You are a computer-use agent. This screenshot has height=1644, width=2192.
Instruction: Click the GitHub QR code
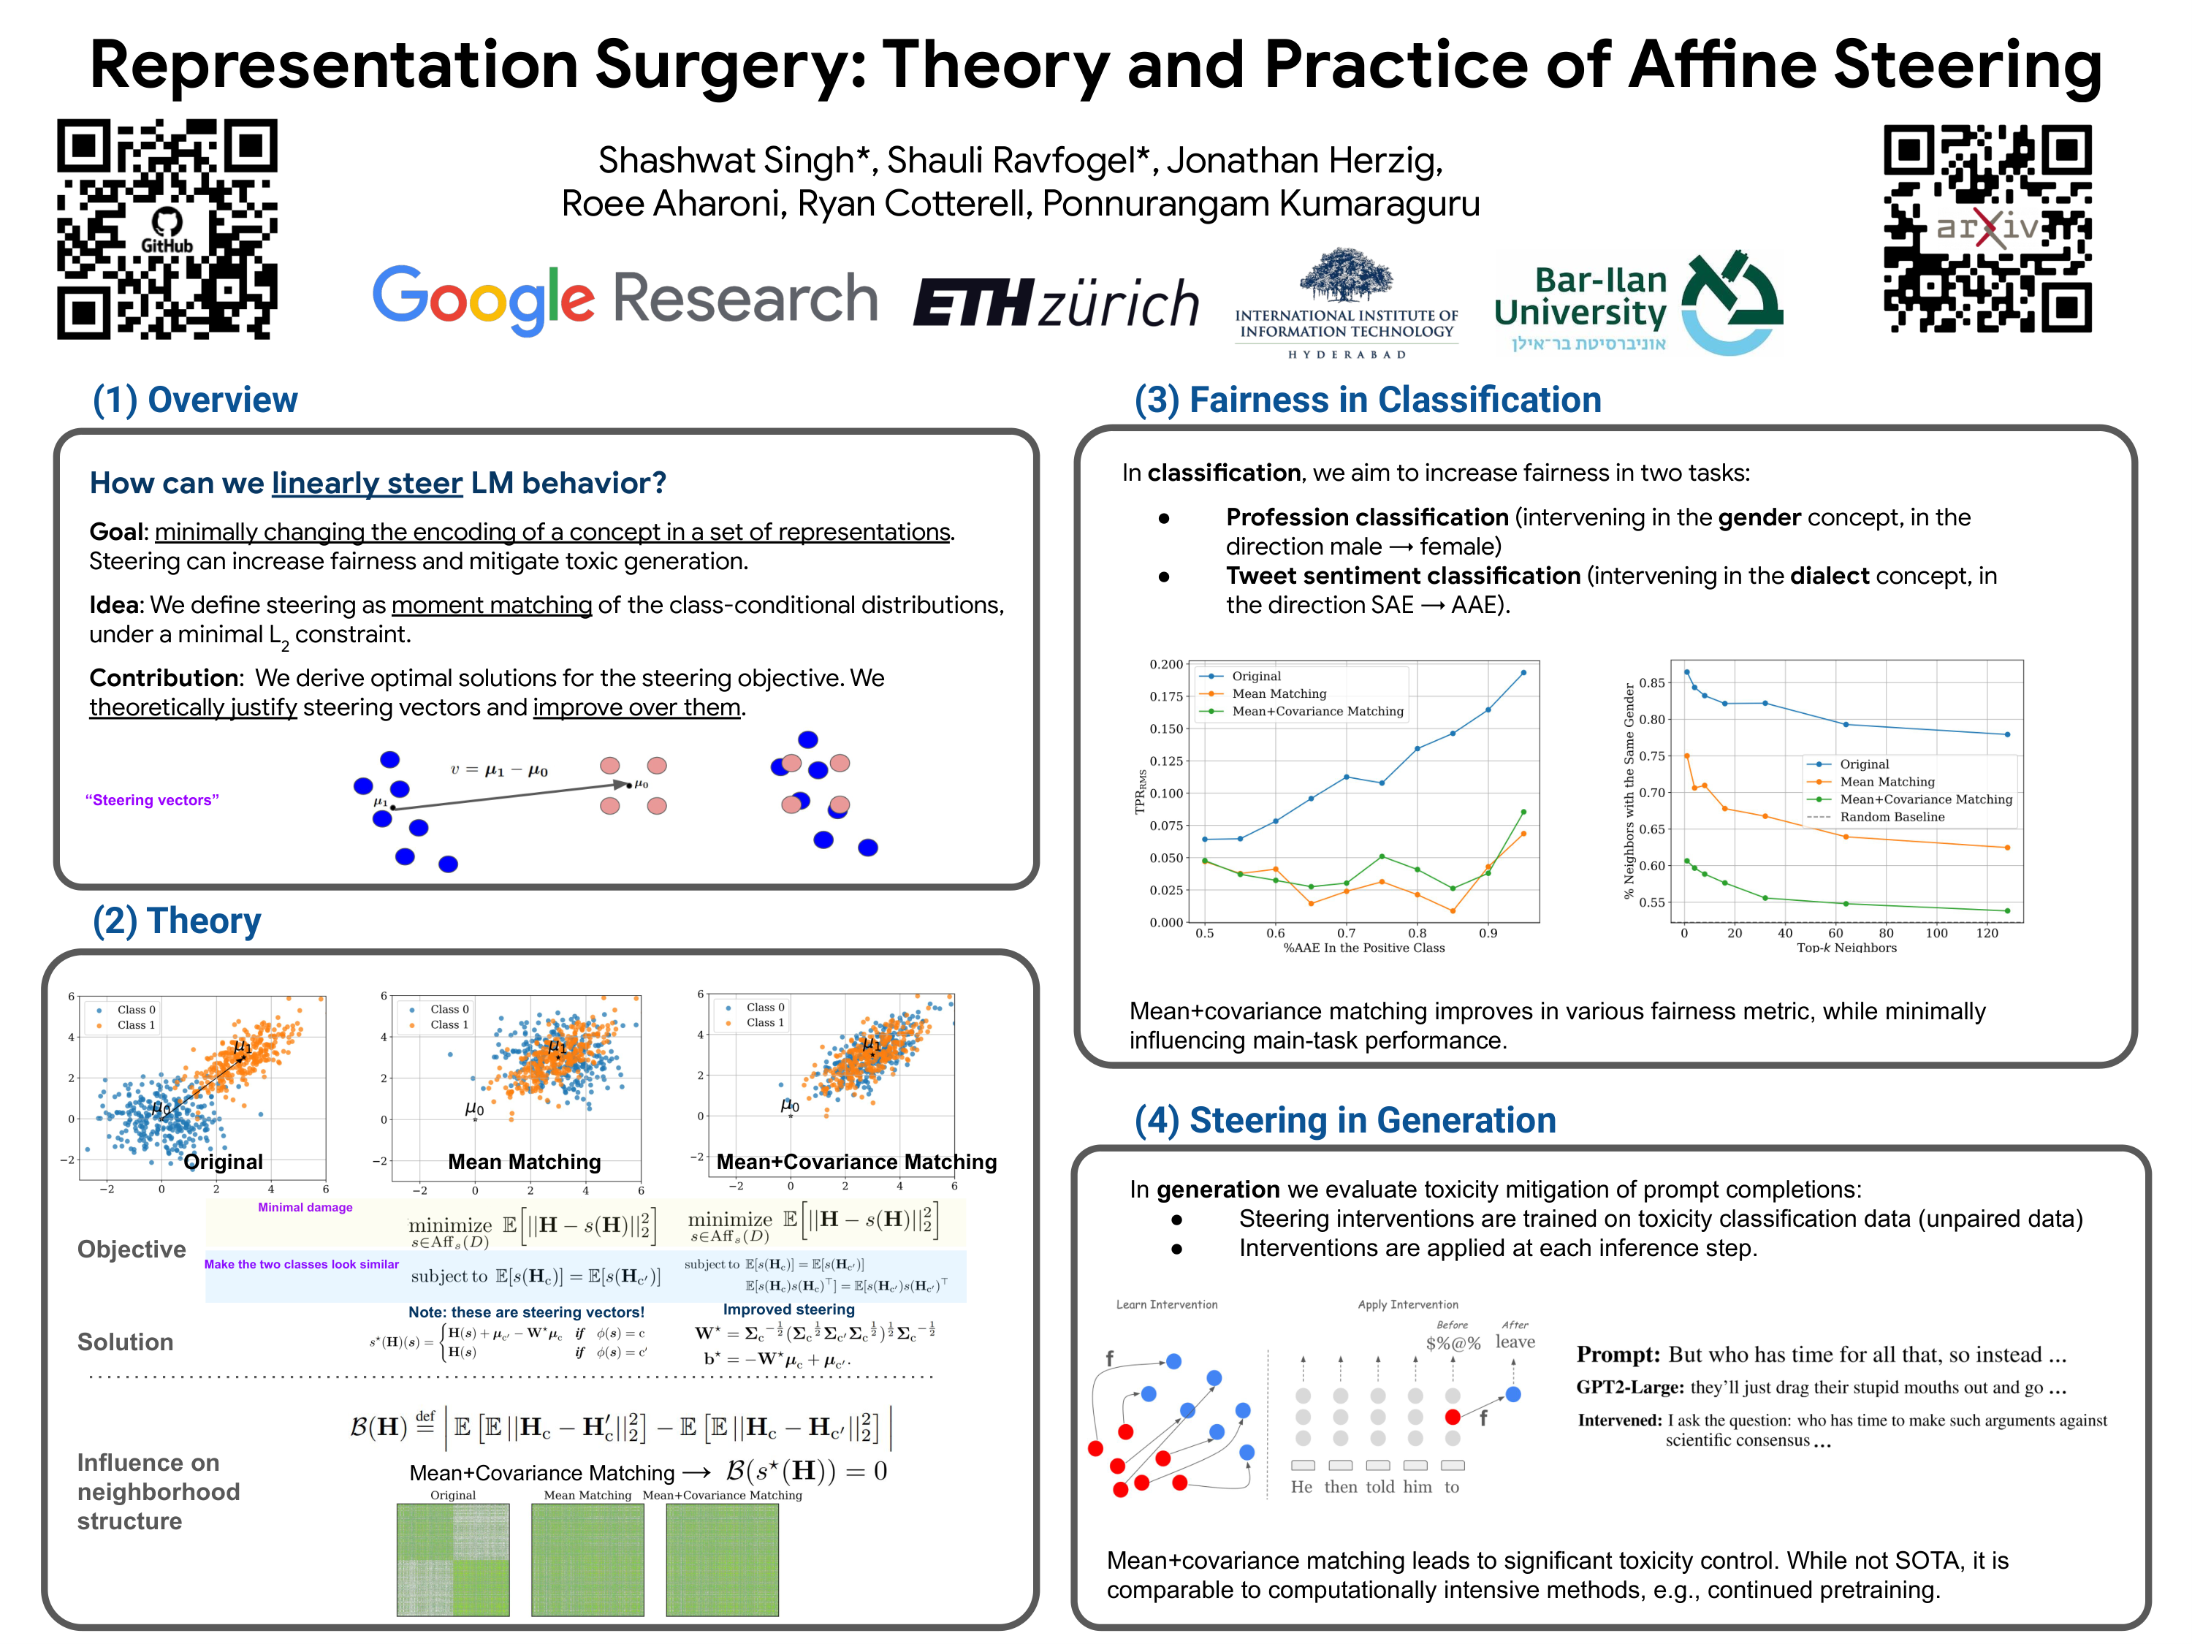click(167, 229)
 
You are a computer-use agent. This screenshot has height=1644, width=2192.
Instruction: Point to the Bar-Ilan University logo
click(1637, 302)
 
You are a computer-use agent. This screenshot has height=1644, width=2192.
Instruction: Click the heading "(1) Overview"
click(194, 400)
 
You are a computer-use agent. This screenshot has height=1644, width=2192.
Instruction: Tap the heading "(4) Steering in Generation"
click(1344, 1120)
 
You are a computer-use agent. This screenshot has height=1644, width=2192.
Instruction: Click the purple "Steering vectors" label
click(152, 799)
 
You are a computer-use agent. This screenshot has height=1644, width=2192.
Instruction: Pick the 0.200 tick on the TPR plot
click(1166, 664)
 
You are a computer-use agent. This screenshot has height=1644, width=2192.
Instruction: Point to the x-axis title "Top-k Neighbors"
click(1846, 948)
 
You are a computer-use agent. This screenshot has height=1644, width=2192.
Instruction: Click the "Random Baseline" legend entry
click(1891, 817)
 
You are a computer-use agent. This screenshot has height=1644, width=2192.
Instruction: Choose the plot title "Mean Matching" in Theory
click(524, 1162)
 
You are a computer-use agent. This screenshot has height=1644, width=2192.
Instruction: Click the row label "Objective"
click(132, 1249)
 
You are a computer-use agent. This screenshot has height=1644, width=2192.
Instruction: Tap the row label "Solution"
click(125, 1342)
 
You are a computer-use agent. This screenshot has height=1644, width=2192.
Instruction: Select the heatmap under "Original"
click(453, 1559)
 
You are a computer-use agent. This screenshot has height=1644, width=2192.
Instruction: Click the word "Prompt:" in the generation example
click(1617, 1355)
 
